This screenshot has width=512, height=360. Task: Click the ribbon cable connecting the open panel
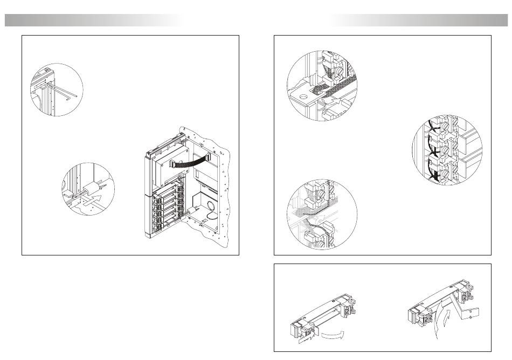189,160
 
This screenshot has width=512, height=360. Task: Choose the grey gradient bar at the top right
420,20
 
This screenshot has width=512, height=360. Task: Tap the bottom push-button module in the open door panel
164,227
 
